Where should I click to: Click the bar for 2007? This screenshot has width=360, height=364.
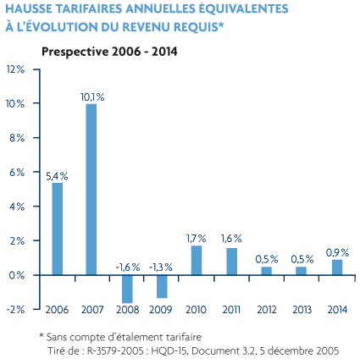91,190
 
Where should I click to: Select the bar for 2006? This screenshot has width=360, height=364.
58,229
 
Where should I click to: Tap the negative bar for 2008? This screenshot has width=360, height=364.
127,290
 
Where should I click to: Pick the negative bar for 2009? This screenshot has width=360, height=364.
162,287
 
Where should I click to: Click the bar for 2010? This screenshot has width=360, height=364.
197,260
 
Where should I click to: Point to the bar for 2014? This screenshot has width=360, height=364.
337,267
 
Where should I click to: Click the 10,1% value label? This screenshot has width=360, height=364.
92,97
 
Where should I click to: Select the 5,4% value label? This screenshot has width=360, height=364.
57,176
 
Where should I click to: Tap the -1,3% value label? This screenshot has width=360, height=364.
161,267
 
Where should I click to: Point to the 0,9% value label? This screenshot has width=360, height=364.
337,252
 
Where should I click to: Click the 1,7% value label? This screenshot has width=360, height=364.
197,239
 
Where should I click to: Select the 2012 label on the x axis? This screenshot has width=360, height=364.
267,310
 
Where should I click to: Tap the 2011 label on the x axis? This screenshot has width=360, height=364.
231,310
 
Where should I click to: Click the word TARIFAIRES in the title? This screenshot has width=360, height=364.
89,8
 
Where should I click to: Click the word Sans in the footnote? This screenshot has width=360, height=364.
57,337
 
